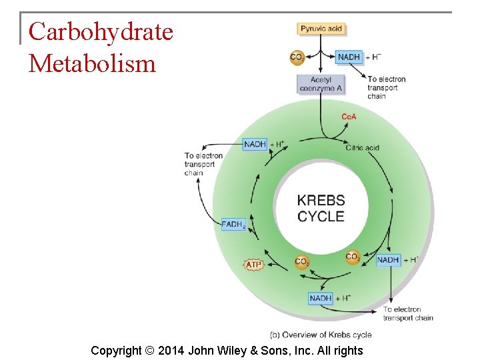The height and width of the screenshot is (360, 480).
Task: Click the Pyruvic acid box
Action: (321, 29)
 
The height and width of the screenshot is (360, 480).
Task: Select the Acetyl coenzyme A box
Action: (321, 84)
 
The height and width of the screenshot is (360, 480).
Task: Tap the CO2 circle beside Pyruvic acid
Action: (297, 57)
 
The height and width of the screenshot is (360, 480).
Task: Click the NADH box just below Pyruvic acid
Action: (349, 57)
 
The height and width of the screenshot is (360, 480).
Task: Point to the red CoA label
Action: (349, 117)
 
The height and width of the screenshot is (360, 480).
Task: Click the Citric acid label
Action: (363, 147)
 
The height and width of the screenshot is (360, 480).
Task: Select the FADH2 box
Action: (233, 225)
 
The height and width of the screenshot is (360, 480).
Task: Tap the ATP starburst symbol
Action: (253, 265)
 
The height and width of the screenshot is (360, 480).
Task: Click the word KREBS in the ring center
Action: (321, 200)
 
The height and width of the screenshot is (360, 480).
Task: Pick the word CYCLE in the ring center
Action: (321, 216)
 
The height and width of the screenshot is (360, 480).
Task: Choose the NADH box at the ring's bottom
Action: (320, 298)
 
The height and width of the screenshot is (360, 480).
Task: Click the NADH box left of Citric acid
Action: (255, 144)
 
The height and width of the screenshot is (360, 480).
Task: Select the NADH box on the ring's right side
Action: (387, 260)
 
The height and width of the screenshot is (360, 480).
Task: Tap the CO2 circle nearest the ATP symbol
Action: (302, 262)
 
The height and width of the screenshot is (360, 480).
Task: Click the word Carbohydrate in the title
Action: (101, 31)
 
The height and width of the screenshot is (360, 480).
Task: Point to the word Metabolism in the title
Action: (92, 63)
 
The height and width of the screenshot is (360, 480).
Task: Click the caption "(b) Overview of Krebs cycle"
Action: (321, 334)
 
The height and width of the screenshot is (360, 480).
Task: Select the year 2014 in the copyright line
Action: (171, 351)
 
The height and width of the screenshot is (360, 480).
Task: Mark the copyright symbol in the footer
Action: (149, 351)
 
